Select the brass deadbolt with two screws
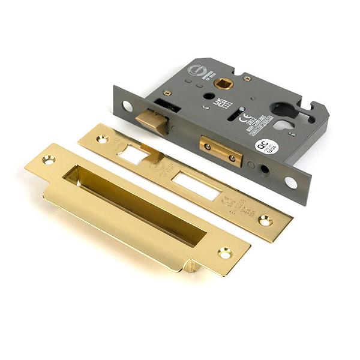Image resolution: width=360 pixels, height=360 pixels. coord(221,151)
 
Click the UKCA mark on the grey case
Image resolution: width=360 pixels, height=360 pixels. coord(220,101)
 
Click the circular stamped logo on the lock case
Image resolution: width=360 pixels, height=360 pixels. coord(197,71)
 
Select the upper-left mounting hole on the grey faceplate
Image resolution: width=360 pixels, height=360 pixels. coord(127,106)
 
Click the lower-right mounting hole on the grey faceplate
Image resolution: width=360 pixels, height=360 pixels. coord(291,182)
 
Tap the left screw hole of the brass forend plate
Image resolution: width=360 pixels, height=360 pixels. coord(102,139)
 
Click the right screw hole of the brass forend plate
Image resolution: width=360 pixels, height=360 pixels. coord(265,221)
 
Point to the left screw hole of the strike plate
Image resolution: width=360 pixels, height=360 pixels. coord(47,160)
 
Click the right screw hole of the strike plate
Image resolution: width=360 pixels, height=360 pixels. coord(225,253)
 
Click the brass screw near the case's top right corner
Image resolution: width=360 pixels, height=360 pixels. coord(247,78)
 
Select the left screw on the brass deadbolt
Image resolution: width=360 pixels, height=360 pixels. coord(208,146)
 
